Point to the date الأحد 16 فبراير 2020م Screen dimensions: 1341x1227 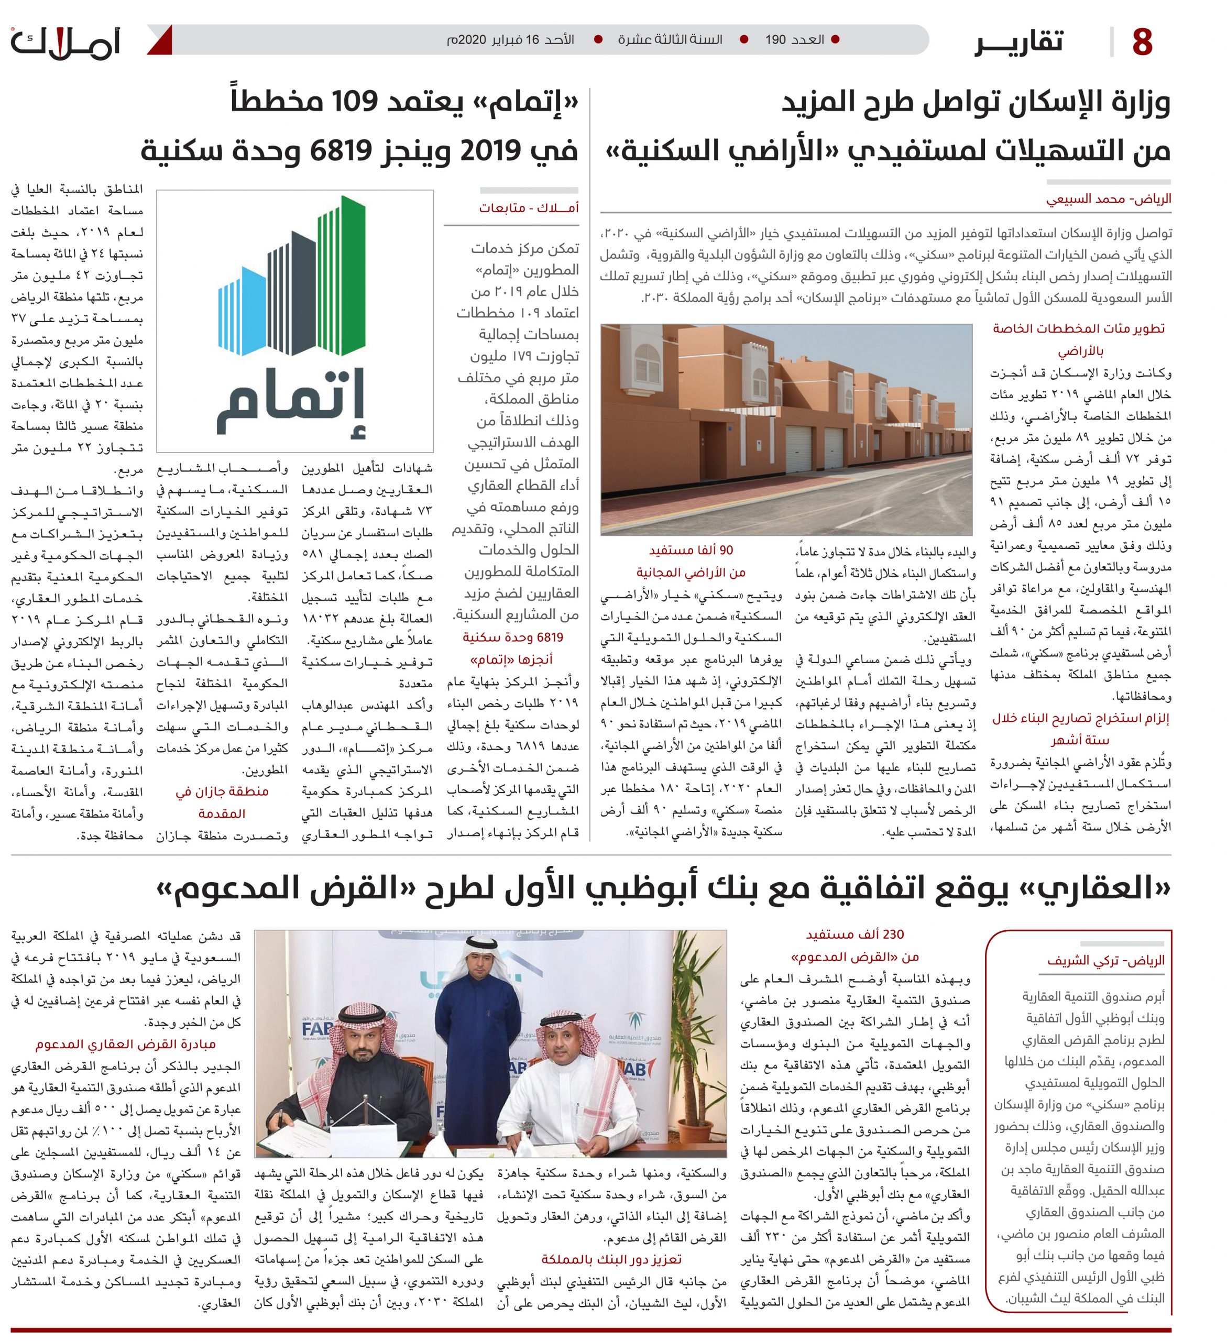point(510,40)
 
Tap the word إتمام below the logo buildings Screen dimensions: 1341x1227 point(291,406)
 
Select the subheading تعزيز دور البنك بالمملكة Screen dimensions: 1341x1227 point(611,1260)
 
